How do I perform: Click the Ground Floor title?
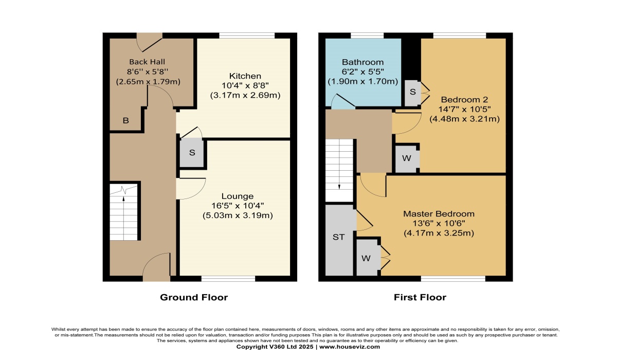coord(194,297)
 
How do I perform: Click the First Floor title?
coord(420,297)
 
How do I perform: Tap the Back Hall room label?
coord(147,62)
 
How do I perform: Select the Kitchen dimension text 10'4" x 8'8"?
coord(245,86)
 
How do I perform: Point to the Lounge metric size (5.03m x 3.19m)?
coord(238,215)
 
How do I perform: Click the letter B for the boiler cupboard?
coord(125,120)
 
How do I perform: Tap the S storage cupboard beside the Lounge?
coord(192,153)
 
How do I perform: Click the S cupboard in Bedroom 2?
coord(412,92)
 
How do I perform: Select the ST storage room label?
coord(338,237)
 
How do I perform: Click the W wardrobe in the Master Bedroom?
coord(366,258)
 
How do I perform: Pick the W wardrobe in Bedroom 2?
coord(407,158)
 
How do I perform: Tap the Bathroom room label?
coord(363,62)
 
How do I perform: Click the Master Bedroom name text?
coord(439,214)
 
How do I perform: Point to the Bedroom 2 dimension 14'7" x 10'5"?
coord(464,110)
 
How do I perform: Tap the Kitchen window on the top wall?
coord(247,35)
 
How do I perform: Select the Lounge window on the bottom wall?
coord(228,278)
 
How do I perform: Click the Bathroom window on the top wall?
coord(367,35)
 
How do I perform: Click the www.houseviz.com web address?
coord(350,347)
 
